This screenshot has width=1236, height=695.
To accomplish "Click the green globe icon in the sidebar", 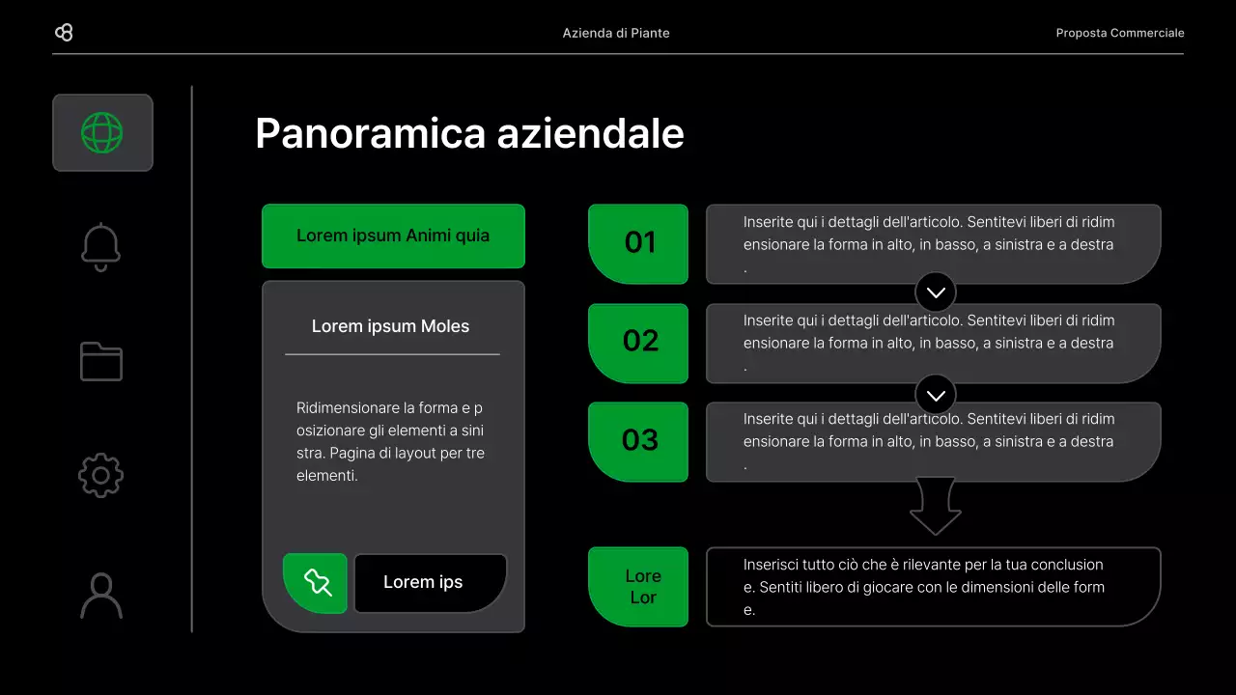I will click(x=102, y=132).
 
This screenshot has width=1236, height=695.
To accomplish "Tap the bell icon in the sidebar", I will click(x=101, y=247).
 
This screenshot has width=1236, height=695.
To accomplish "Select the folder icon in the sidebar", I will click(x=101, y=361).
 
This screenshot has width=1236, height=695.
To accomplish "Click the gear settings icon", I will click(x=101, y=476).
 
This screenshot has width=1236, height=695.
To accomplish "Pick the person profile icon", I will click(x=101, y=596).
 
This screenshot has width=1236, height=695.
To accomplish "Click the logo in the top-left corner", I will click(x=64, y=33).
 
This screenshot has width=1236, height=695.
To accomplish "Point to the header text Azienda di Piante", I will click(x=616, y=33).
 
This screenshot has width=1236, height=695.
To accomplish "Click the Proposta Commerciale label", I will click(x=1119, y=33).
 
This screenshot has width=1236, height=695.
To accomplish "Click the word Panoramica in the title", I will click(x=371, y=133).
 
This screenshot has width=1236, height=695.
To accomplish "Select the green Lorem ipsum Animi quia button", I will click(x=393, y=236).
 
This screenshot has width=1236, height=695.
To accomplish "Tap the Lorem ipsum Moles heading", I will click(x=390, y=326).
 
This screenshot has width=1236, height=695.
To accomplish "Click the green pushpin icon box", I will click(x=316, y=583).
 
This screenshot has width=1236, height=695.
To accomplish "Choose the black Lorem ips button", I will click(x=430, y=583).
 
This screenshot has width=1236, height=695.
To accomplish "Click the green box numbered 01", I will click(x=638, y=243).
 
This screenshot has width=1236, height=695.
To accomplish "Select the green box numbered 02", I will click(x=638, y=343).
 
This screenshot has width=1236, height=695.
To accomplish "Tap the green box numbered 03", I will click(x=638, y=441).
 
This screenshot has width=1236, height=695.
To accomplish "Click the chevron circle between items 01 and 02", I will click(x=935, y=292).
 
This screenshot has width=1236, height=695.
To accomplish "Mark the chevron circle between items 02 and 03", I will click(x=935, y=394).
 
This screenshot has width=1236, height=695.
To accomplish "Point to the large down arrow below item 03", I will click(x=935, y=506).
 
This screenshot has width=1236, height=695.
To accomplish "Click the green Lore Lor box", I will click(x=638, y=587).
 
